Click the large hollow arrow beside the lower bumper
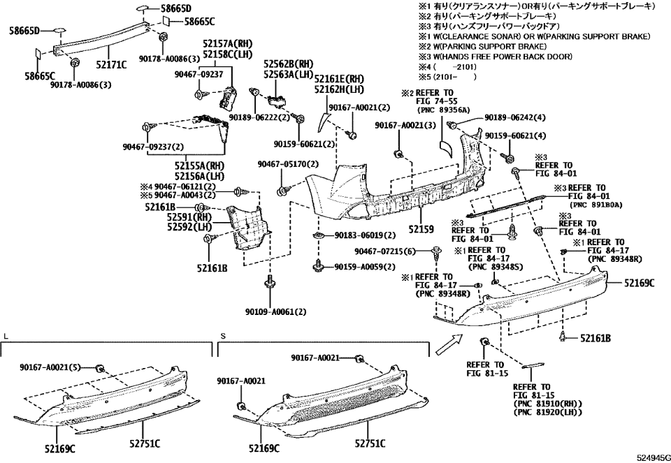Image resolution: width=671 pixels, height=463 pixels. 447,343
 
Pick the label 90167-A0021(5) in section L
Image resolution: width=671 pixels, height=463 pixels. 50,367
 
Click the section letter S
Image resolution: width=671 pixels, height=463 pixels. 222,336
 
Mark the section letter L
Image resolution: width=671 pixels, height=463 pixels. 6,336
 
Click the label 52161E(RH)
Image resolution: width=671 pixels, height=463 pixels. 339,79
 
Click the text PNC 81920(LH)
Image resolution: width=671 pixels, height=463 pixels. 542,413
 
